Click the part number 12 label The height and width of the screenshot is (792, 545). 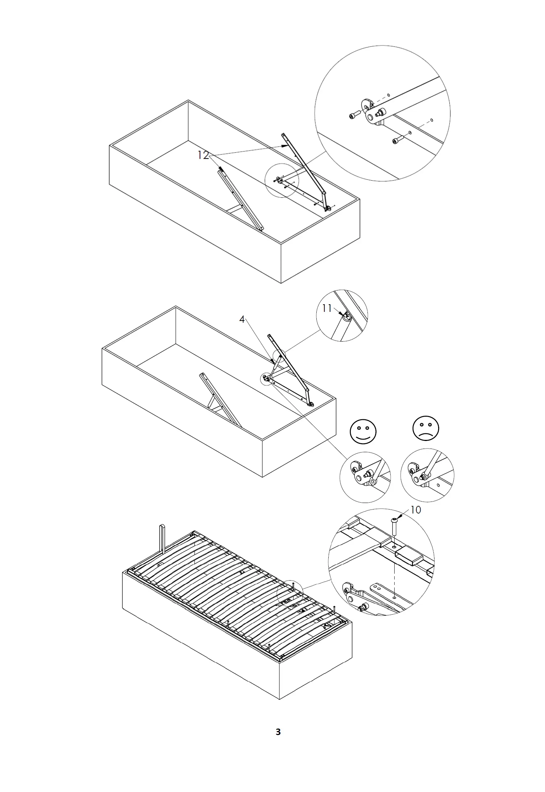tap(203, 155)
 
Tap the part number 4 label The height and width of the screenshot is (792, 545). tap(242, 319)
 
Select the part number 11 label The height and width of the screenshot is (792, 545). tap(327, 308)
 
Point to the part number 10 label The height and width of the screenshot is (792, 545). tap(416, 510)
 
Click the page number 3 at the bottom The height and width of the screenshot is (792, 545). tap(278, 732)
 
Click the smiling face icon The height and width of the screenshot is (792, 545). tap(363, 432)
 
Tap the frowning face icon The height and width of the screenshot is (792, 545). tap(426, 428)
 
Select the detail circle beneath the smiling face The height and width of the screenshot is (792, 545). tap(365, 477)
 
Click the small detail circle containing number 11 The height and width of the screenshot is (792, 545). tap(342, 315)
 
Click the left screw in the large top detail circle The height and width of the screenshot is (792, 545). tap(353, 116)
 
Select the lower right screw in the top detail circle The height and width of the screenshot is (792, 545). tap(397, 140)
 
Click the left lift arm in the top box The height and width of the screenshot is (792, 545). tap(241, 199)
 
